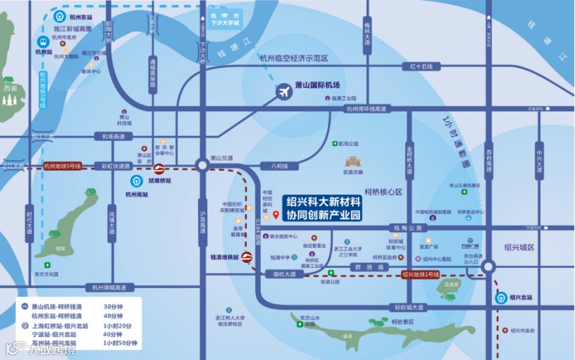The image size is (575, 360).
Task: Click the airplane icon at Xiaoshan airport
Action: tap(284, 91)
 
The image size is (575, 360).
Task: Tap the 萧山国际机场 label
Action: tap(317, 85)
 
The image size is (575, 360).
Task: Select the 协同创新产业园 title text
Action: tap(324, 215)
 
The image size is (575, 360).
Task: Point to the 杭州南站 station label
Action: tap(136, 195)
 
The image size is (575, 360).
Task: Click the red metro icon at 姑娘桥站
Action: tap(158, 168)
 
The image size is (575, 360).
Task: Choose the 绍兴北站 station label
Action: tap(520, 298)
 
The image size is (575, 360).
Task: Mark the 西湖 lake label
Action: tap(9, 89)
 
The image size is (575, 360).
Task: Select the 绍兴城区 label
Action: tap(520, 247)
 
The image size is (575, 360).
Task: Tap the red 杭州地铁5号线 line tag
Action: tap(62, 166)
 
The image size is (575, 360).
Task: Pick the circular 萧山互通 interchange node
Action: tap(201, 165)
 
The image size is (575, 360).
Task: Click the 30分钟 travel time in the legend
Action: tap(112, 307)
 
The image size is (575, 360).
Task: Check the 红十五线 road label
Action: tap(420, 66)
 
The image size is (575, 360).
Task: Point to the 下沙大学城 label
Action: tap(225, 23)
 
